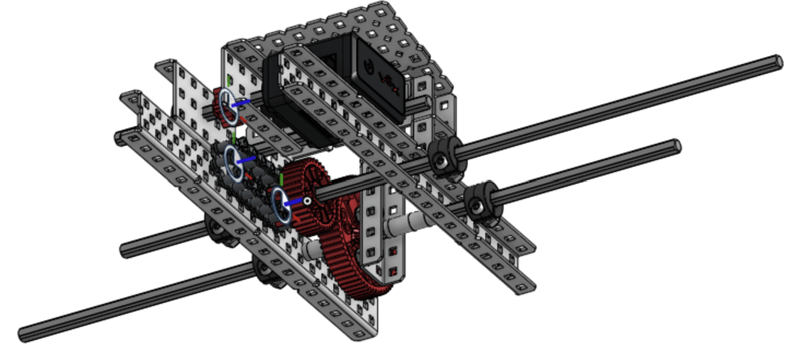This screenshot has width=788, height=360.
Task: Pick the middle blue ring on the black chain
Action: pyautogui.click(x=233, y=164)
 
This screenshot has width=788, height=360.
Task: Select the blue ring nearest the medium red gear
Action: pyautogui.click(x=282, y=205)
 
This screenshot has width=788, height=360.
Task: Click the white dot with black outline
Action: pyautogui.click(x=306, y=202)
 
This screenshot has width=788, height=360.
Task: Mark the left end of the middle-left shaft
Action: pyautogui.click(x=125, y=249)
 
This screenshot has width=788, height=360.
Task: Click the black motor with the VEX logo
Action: pyautogui.click(x=377, y=77)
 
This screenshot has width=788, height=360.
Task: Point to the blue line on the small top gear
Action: pyautogui.click(x=242, y=102)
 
